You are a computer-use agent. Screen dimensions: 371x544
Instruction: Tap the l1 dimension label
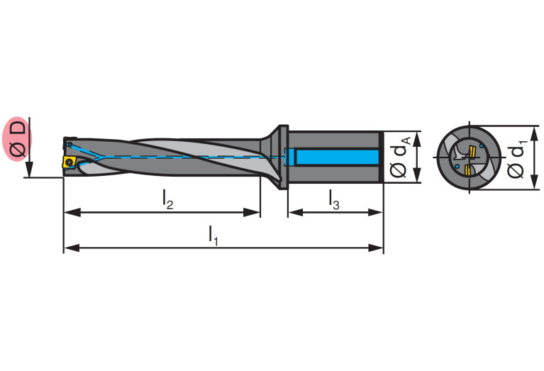(213, 234)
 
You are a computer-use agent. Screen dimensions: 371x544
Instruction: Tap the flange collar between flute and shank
(283, 157)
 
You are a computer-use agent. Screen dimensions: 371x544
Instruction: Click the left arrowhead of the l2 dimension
(69, 211)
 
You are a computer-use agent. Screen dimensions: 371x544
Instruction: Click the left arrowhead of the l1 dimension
(69, 248)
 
